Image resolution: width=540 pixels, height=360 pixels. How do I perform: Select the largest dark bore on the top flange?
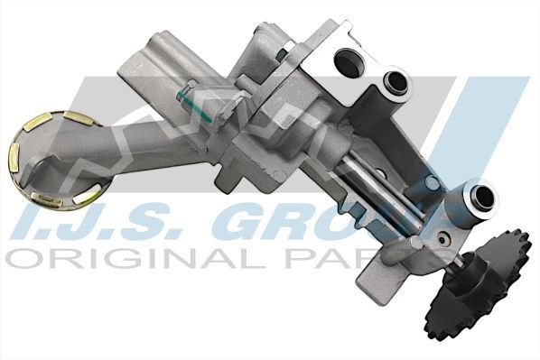tap(348, 60)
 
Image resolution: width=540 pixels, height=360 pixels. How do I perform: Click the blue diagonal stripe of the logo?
tap(492, 126)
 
